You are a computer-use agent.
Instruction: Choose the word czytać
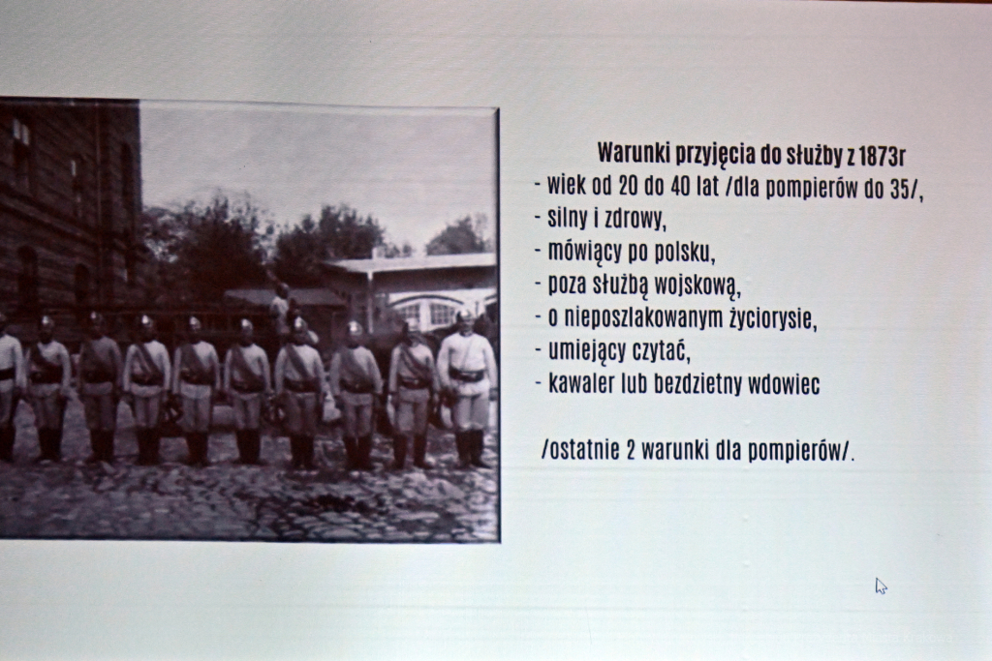(x=658, y=352)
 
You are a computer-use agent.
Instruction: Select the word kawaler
(x=583, y=385)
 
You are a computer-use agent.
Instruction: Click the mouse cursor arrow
(x=880, y=585)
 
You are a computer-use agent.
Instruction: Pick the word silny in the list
(x=568, y=219)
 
